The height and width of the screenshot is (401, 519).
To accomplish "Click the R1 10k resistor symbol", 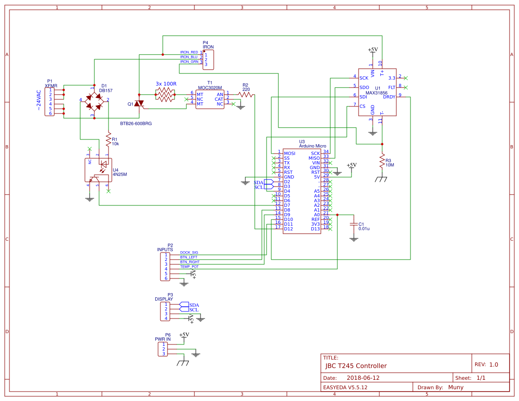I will pos(108,140).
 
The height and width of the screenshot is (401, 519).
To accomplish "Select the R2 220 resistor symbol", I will pos(246,95).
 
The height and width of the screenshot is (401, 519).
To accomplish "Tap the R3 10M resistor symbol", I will pos(382,162).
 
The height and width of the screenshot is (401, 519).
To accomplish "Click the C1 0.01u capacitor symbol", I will pos(353,226).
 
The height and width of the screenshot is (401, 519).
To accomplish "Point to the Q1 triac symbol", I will pos(139,104).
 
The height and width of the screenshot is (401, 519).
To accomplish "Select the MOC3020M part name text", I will pos(210,87).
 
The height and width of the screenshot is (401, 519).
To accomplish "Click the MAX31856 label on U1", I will pos(377,92).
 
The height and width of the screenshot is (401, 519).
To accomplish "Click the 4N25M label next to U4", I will pos(120,174).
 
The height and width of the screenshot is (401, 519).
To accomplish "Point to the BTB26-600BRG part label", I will pos(136,123).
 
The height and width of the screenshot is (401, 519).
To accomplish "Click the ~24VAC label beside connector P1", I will pos(39,100).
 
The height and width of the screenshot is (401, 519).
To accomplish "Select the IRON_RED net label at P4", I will pos(189,52).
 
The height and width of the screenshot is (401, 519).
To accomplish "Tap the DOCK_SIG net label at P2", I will pos(189,252).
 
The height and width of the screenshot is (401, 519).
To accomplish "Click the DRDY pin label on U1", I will pos(389,97).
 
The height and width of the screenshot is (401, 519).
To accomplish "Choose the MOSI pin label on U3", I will pos(289,153).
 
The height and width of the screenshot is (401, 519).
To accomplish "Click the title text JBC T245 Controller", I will pos(356,366).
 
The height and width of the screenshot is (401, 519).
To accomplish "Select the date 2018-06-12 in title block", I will pos(363,378).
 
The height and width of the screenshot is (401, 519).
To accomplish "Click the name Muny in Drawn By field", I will pos(456,387).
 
